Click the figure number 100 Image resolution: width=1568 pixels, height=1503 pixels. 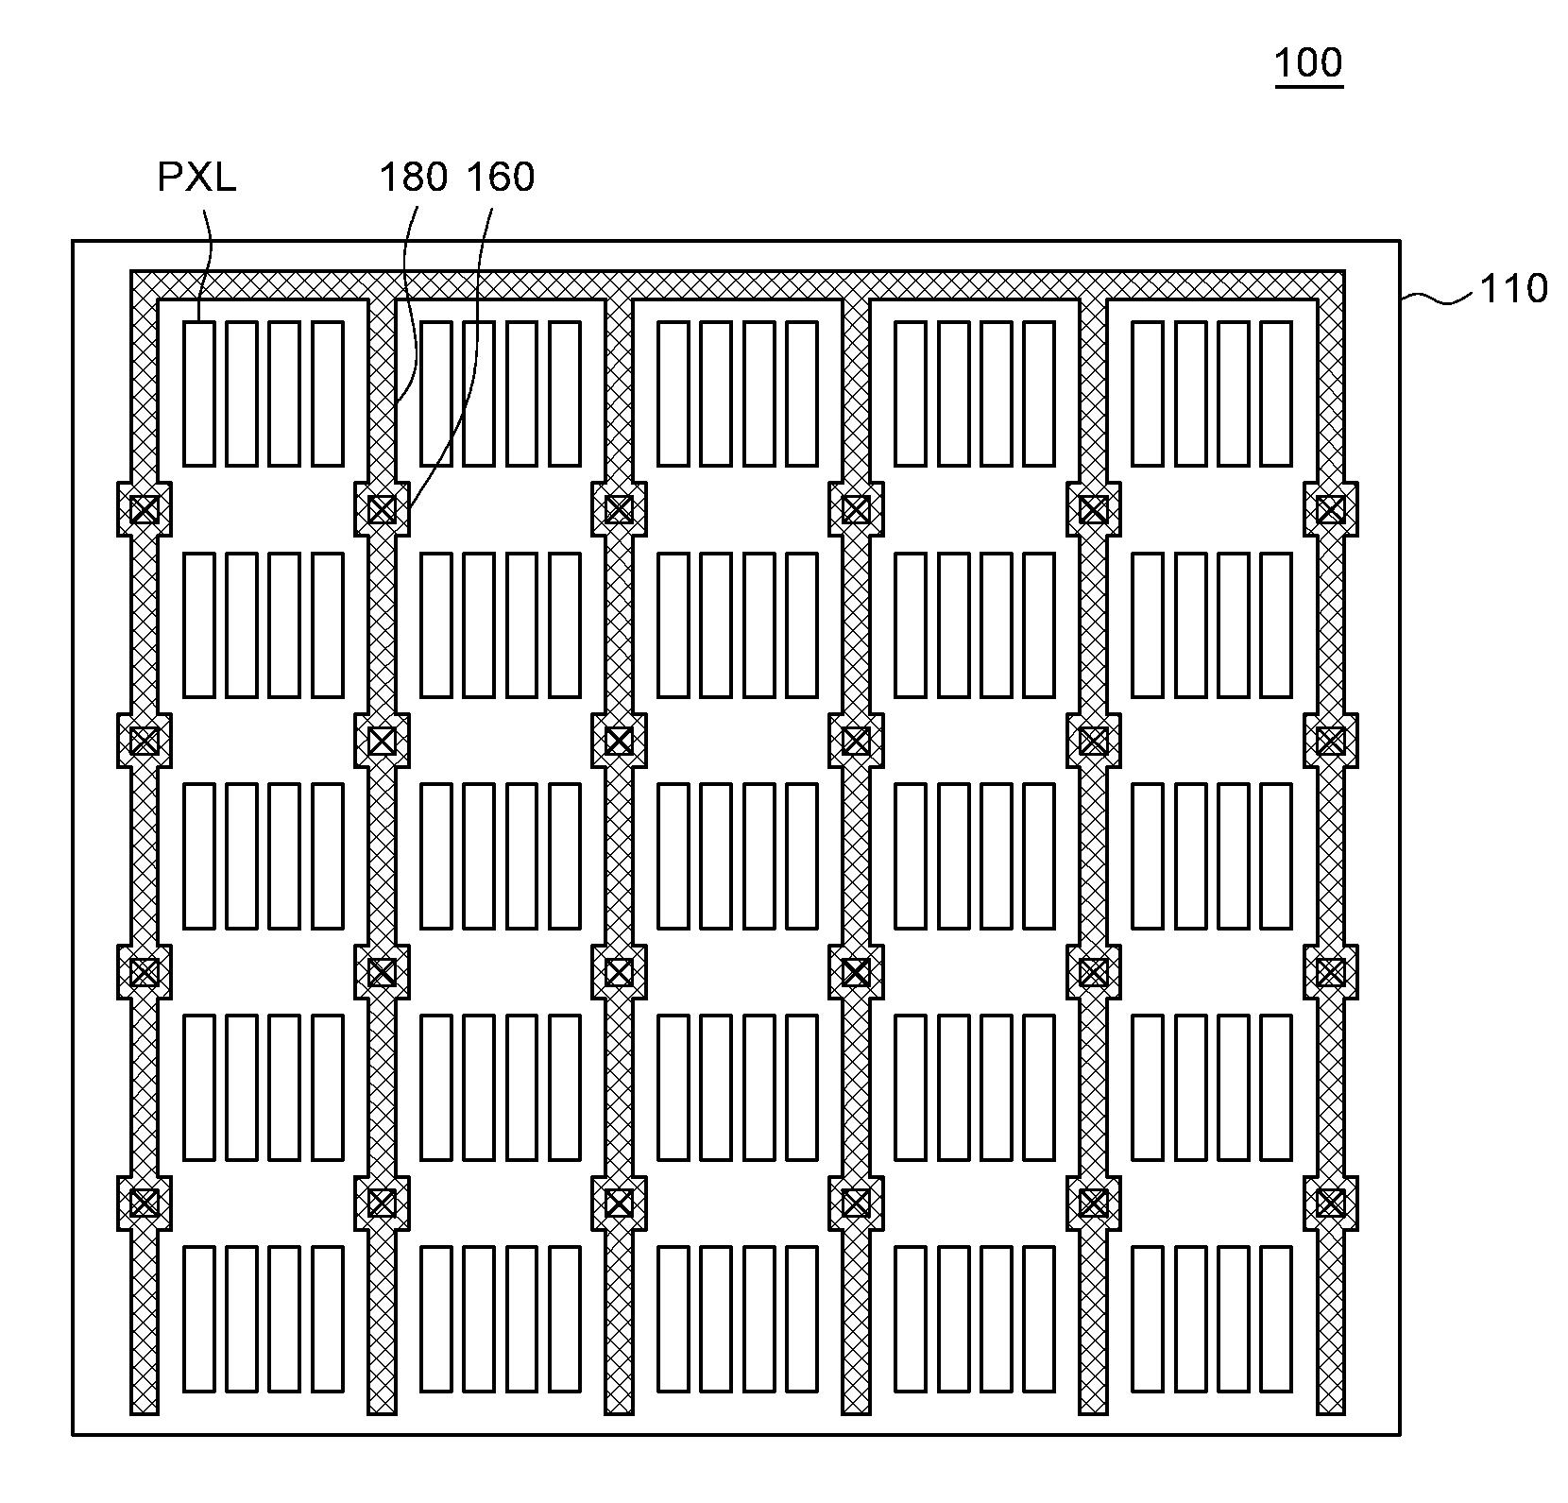pos(1308,62)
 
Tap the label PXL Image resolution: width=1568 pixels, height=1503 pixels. pos(196,178)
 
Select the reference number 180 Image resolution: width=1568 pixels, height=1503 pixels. pos(413,178)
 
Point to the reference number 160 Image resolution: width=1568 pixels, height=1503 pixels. pos(501,178)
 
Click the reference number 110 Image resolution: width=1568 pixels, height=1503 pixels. pos(1512,288)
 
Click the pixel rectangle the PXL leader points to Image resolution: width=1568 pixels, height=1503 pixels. pos(198,393)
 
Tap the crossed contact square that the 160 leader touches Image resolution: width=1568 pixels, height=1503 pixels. pos(382,510)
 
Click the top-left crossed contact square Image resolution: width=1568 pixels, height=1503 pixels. pos(144,510)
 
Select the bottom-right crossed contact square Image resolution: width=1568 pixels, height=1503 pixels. pos(1330,1203)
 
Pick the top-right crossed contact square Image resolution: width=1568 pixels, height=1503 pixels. pos(1330,510)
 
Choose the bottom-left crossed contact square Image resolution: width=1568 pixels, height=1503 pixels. pos(144,1203)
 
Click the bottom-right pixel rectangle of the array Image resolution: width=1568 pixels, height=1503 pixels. pos(1275,1318)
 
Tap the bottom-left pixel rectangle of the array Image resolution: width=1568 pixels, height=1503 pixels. pos(198,1318)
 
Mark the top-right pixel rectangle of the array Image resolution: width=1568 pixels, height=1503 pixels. pos(1275,393)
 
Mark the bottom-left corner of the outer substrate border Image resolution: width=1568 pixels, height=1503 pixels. pos(74,1434)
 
